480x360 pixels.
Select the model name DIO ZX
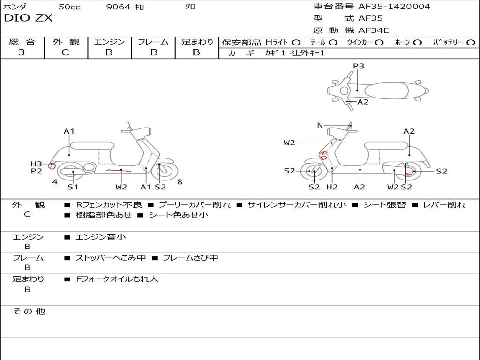pyautogui.click(x=28, y=18)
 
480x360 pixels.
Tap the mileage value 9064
pyautogui.click(x=119, y=7)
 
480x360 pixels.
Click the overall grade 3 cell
pyautogui.click(x=22, y=52)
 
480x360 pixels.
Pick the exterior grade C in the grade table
pyautogui.click(x=65, y=52)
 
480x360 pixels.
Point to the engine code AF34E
pyautogui.click(x=374, y=31)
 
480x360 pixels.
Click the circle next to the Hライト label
pyautogui.click(x=296, y=42)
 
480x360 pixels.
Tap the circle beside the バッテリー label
pyautogui.click(x=471, y=42)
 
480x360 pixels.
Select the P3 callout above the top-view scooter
pyautogui.click(x=359, y=66)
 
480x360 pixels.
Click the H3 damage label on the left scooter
pyautogui.click(x=37, y=164)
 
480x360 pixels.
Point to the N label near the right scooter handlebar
pyautogui.click(x=320, y=125)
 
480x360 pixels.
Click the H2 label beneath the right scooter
pyautogui.click(x=332, y=187)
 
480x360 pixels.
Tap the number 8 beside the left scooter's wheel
pyautogui.click(x=180, y=182)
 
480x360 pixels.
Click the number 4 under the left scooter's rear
pyautogui.click(x=55, y=182)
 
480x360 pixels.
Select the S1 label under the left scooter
pyautogui.click(x=73, y=187)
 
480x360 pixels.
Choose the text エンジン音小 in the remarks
pyautogui.click(x=101, y=237)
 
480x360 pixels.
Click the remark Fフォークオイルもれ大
pyautogui.click(x=117, y=279)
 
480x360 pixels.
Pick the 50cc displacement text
pyautogui.click(x=69, y=7)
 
